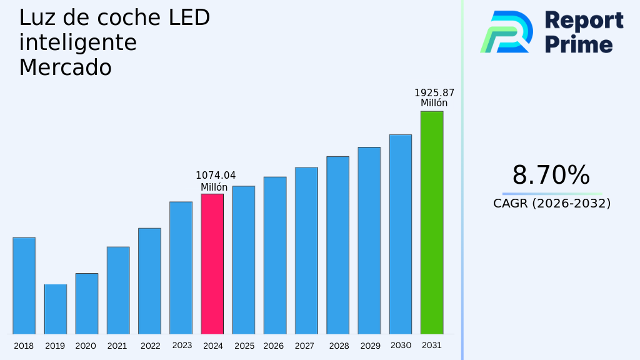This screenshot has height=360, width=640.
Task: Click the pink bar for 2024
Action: [212, 264]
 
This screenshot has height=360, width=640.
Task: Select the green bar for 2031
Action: [431, 222]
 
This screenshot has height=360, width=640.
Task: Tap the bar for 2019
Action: [55, 309]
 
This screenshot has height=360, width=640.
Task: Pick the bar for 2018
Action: [24, 286]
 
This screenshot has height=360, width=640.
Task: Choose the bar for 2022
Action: [149, 281]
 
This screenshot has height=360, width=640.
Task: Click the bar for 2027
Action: [306, 251]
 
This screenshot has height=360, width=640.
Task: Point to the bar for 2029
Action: [369, 241]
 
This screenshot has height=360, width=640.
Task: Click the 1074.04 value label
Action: [216, 176]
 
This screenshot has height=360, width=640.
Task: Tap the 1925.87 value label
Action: [434, 93]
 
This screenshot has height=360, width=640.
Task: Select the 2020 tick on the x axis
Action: [86, 346]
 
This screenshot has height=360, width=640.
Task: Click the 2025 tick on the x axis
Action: [244, 346]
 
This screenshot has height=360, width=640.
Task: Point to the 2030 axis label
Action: [400, 346]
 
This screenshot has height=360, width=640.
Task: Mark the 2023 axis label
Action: [182, 346]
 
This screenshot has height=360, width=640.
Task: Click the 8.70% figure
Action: [551, 176]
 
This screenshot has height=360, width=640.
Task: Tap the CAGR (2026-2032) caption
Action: [552, 203]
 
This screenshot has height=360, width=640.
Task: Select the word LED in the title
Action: [189, 18]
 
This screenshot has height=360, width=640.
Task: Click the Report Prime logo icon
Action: [507, 32]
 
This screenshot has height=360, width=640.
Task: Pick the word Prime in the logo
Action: [579, 44]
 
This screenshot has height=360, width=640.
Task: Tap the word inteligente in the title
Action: [77, 43]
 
